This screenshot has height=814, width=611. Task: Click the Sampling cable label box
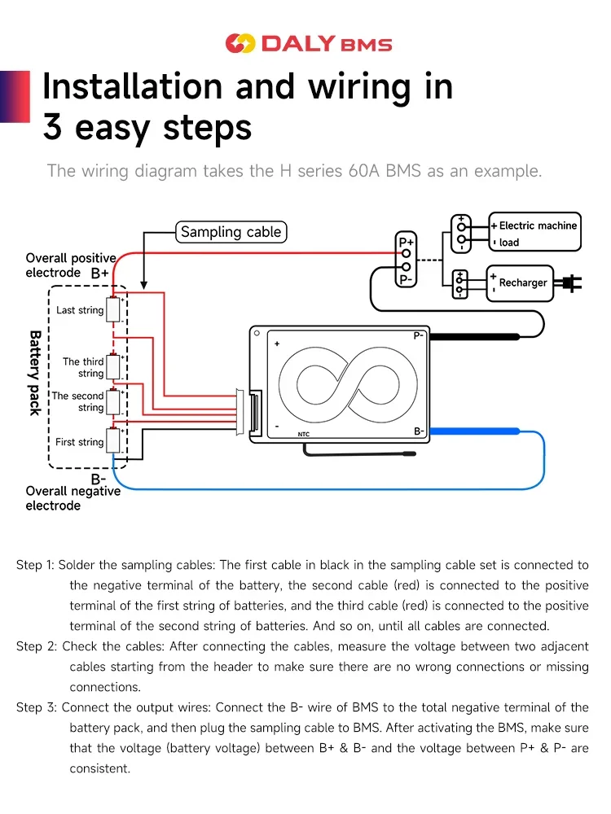(231, 232)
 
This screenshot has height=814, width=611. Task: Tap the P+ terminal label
(405, 242)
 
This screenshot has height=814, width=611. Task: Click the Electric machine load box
(534, 234)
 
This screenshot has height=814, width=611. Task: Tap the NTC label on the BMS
(303, 435)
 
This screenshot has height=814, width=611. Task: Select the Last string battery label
(80, 310)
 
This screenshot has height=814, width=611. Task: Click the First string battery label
(79, 442)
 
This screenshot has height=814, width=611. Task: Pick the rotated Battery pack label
(35, 372)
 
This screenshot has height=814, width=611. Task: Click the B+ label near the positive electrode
(99, 274)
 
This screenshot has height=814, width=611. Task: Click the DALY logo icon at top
(240, 44)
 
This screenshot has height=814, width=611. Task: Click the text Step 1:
(35, 565)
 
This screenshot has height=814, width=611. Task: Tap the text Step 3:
(36, 707)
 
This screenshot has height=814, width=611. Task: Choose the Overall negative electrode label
(73, 498)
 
